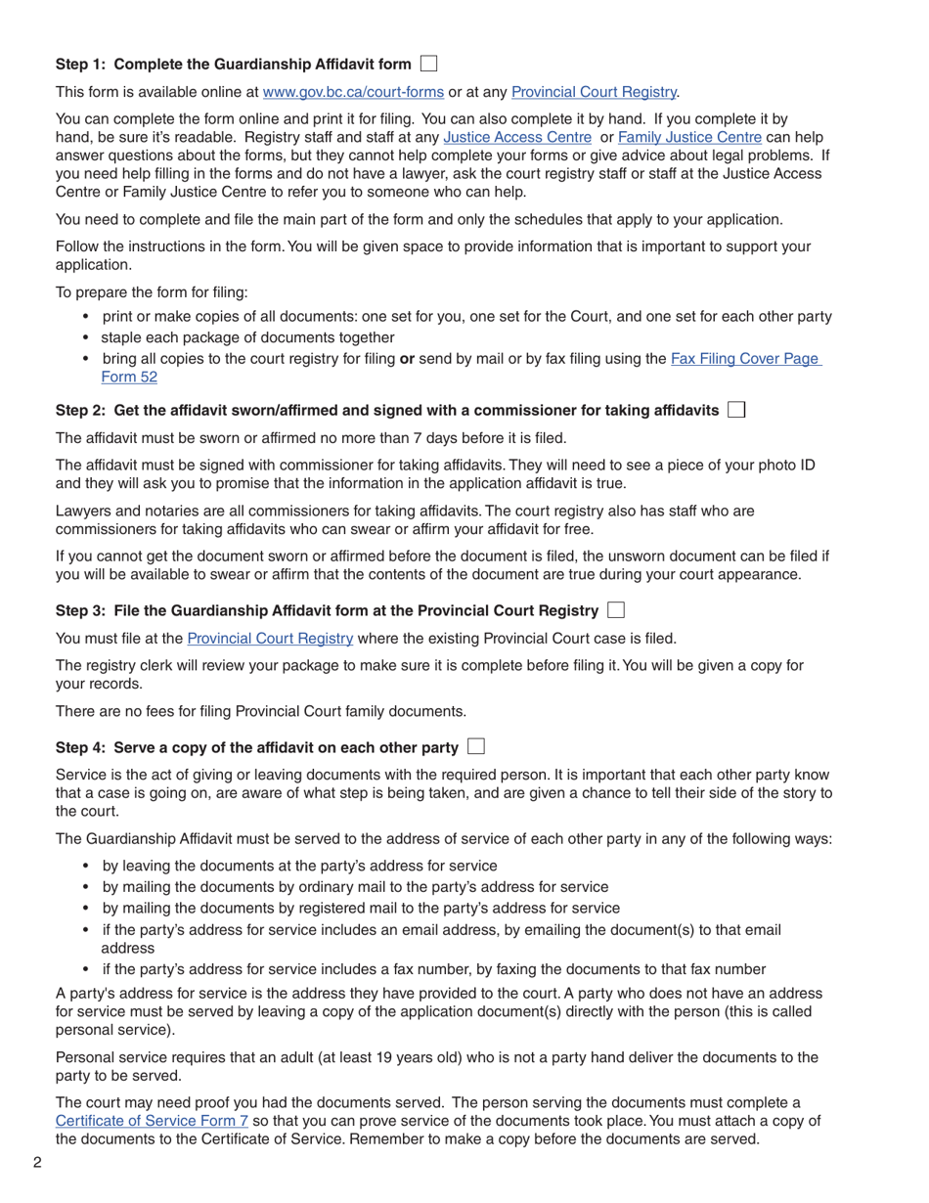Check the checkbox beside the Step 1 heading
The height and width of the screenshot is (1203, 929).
[x=428, y=64]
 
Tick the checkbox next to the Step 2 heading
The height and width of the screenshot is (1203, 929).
[x=736, y=410]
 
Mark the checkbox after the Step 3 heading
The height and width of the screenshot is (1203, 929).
[x=615, y=610]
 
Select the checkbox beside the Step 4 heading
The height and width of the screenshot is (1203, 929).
[x=476, y=747]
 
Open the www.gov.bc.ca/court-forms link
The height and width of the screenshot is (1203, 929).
[x=353, y=92]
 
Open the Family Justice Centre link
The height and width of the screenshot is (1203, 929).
[x=689, y=138]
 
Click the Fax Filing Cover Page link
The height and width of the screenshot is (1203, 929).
[x=745, y=359]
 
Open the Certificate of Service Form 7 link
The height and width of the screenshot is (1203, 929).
[x=152, y=1121]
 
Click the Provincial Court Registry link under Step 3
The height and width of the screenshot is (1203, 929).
[x=270, y=639]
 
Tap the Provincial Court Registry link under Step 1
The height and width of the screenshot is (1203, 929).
[x=594, y=92]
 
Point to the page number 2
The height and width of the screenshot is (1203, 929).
[x=37, y=1163]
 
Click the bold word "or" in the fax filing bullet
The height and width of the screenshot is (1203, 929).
[x=407, y=359]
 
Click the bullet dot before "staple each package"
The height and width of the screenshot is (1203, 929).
[x=86, y=337]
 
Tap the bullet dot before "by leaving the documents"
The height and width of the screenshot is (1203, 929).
[x=86, y=866]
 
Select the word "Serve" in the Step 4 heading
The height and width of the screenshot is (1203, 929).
[x=135, y=748]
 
